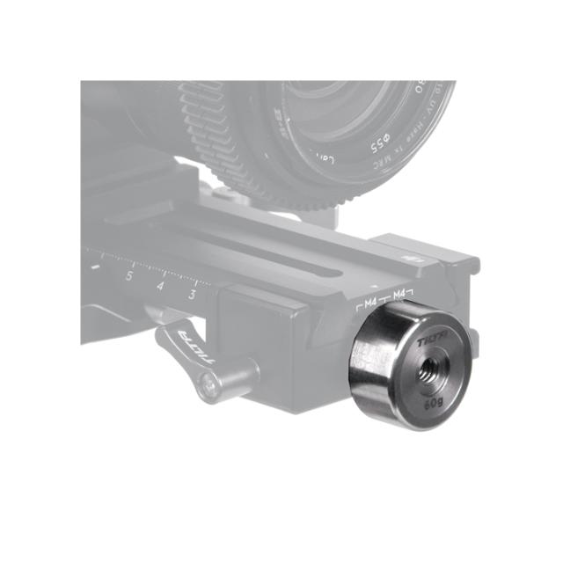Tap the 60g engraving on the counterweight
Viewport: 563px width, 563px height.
(x=433, y=405)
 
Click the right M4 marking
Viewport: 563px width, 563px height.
(x=400, y=292)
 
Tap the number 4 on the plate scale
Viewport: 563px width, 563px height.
(x=160, y=285)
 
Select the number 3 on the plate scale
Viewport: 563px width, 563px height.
(x=192, y=295)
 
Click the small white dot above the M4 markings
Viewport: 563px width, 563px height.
(x=377, y=287)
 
